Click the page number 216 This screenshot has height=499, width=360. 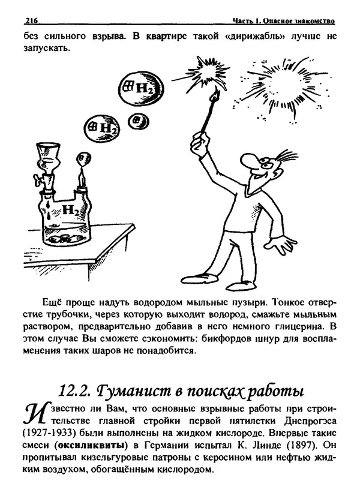click(x=31, y=22)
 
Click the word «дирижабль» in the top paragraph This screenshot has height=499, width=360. click(x=239, y=37)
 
